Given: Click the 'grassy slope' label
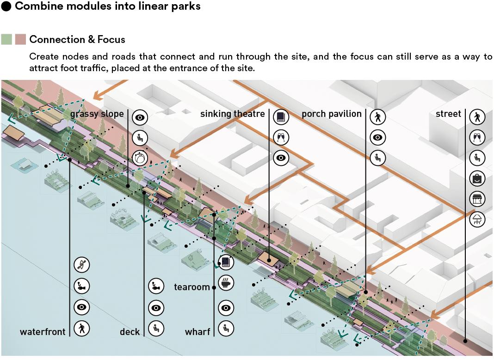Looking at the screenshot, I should click(97, 114).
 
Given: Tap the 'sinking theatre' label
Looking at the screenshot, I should click(233, 114).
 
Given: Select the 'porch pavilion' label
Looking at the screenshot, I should click(332, 114).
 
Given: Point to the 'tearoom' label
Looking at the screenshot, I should click(192, 287).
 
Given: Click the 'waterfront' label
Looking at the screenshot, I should click(43, 332).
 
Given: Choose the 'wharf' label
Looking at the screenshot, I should click(198, 332).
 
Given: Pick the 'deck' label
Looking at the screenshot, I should click(130, 332).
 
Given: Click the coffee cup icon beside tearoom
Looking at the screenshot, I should click(226, 283).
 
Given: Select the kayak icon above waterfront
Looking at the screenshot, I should click(82, 265).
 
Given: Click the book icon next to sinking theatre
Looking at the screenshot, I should click(281, 117).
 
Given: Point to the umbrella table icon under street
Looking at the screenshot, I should click(477, 220).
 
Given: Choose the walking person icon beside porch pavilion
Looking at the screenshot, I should click(378, 117).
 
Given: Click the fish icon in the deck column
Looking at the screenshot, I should click(156, 287).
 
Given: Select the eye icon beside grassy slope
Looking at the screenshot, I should click(139, 117).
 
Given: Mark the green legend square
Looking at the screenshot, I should click(6, 39).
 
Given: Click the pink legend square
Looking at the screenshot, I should click(20, 39).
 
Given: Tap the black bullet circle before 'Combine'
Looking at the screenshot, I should click(6, 6).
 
